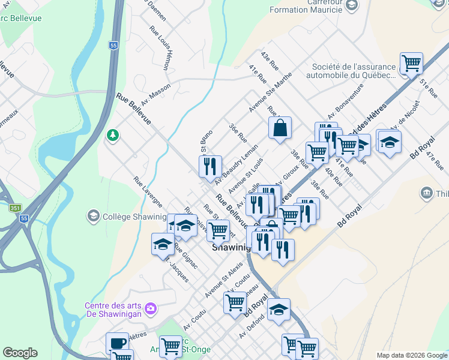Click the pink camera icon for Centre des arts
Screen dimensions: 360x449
151,308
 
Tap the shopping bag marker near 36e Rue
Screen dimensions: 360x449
280,128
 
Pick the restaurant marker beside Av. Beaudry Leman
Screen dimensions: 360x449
210,166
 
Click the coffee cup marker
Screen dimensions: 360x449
117,343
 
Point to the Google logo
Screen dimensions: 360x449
20,352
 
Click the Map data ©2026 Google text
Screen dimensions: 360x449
411,355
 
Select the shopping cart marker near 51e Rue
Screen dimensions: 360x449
411,63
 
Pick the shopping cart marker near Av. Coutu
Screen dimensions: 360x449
234,302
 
